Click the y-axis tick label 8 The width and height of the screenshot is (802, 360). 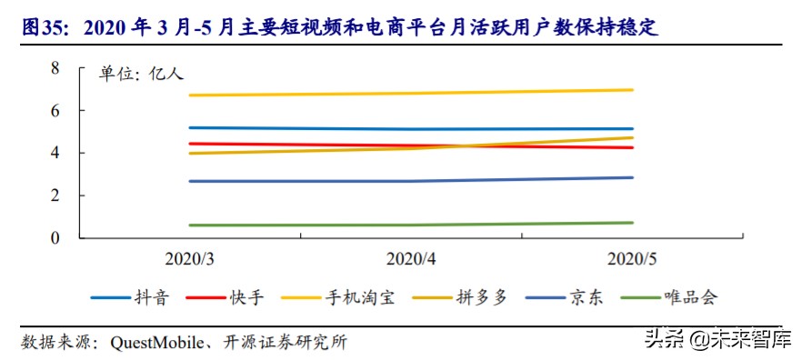[55, 68]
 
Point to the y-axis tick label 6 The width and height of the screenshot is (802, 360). [55, 110]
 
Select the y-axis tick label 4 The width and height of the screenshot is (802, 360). [55, 153]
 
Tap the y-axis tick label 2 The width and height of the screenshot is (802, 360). [55, 195]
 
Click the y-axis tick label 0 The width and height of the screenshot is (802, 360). [55, 238]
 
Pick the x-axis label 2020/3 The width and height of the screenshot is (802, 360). [190, 259]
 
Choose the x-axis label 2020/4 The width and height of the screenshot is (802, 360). [412, 259]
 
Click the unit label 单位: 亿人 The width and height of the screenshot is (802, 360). [141, 75]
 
